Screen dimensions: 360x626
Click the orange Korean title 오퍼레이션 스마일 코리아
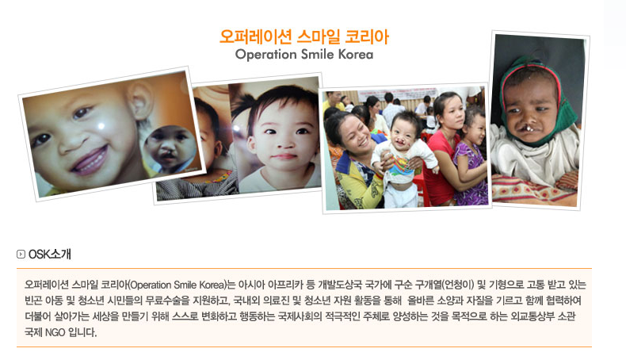click(304, 37)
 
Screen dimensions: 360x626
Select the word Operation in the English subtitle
click(262, 56)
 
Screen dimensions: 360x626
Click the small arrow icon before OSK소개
click(21, 255)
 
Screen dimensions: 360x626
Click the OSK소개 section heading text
click(50, 255)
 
